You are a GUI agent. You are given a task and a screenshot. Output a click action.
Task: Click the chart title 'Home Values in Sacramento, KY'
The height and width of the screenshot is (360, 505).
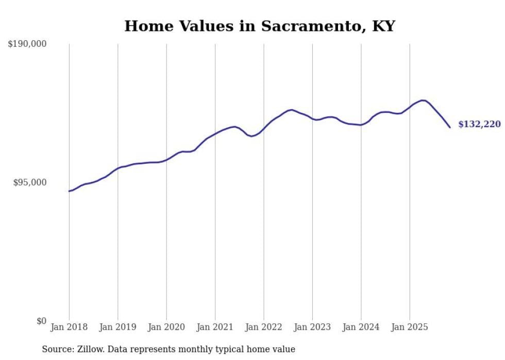pos(259,26)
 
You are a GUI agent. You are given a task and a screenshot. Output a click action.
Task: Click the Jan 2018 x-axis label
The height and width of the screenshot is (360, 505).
pos(69,327)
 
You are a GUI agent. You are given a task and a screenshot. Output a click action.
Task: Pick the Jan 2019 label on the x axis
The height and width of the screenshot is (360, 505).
pos(117,327)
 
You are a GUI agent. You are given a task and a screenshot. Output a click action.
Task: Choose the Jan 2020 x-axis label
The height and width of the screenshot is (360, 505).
pos(166,327)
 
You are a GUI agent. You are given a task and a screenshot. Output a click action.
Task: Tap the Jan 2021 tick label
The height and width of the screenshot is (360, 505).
pos(215,327)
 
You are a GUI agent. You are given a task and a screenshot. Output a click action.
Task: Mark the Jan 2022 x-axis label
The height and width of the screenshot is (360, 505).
pos(264,327)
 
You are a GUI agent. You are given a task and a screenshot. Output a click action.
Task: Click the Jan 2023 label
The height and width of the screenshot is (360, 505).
pos(312,327)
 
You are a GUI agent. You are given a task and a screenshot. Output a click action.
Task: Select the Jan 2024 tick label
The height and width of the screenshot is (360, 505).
pos(361,327)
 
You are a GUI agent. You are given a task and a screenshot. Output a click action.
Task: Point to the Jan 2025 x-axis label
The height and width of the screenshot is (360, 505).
pos(410,327)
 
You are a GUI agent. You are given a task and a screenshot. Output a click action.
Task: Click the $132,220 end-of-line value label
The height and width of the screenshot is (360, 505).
pos(479,124)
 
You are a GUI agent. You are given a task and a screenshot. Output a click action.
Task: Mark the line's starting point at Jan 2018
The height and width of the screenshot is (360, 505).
pos(69,191)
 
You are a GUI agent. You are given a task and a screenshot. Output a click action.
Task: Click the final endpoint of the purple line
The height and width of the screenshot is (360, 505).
pos(450,127)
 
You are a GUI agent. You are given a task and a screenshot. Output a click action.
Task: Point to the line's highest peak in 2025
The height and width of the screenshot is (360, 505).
pos(423,100)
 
